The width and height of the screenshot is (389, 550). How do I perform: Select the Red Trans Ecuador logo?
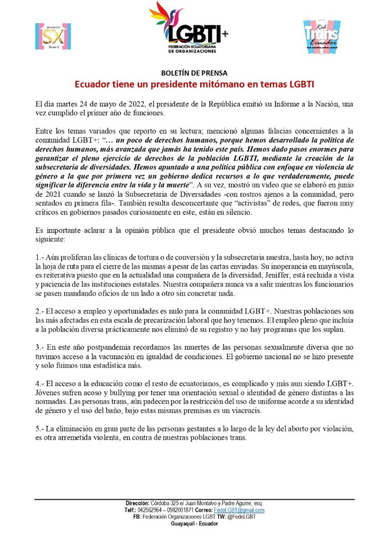point(321,36)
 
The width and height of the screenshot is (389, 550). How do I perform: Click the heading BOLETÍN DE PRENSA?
point(194,73)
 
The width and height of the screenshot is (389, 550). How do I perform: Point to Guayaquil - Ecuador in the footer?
point(194,523)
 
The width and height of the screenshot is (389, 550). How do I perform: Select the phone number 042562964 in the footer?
point(152,510)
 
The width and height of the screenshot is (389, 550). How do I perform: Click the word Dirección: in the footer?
point(137,504)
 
